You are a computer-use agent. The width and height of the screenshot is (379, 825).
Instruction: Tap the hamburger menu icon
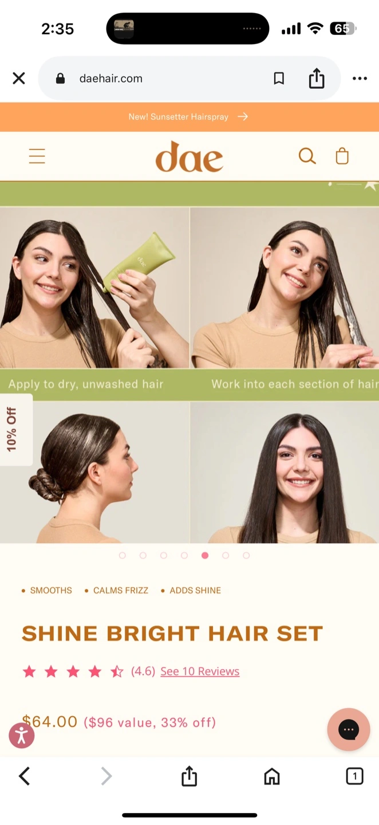pyautogui.click(x=37, y=156)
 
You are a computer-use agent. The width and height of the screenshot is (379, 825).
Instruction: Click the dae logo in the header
pyautogui.click(x=189, y=156)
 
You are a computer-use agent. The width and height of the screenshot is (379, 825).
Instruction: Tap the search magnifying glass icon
pyautogui.click(x=307, y=156)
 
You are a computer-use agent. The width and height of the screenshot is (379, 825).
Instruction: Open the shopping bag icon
pyautogui.click(x=342, y=156)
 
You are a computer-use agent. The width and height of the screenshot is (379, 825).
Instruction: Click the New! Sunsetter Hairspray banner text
pyautogui.click(x=179, y=117)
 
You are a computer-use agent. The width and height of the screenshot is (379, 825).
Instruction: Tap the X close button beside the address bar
pyautogui.click(x=19, y=78)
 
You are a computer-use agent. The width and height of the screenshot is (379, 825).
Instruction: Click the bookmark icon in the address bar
pyautogui.click(x=279, y=78)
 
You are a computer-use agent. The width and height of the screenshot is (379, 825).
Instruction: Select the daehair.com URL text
pyautogui.click(x=110, y=78)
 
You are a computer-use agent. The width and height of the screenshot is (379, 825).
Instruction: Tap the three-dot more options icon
pyautogui.click(x=360, y=78)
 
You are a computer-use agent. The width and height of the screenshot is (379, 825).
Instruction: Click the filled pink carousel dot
pyautogui.click(x=205, y=555)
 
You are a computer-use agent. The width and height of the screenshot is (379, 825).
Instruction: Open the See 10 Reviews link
pyautogui.click(x=200, y=671)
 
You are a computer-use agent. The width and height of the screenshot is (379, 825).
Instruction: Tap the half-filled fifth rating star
pyautogui.click(x=117, y=671)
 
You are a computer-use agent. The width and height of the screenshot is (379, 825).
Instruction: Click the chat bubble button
pyautogui.click(x=349, y=729)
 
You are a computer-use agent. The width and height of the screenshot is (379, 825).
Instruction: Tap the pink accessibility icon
pyautogui.click(x=22, y=736)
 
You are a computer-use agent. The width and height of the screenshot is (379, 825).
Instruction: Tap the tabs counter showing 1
pyautogui.click(x=354, y=776)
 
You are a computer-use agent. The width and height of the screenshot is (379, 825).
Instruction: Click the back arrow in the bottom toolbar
pyautogui.click(x=24, y=776)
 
